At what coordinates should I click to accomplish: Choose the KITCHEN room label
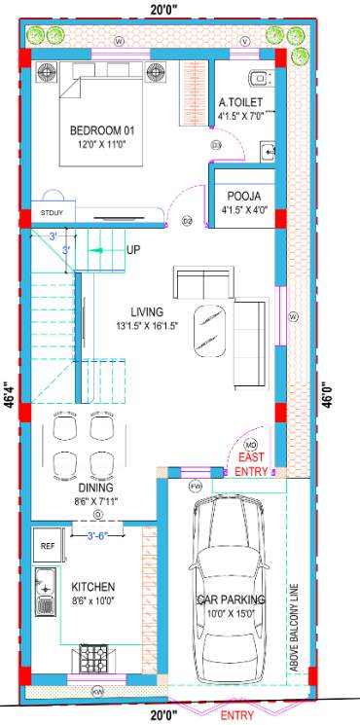tap(93, 587)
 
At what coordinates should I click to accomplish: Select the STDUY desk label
tap(52, 211)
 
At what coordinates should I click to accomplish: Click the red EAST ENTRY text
tap(252, 464)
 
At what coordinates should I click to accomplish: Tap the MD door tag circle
tap(248, 444)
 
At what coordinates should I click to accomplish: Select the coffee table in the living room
tap(210, 331)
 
